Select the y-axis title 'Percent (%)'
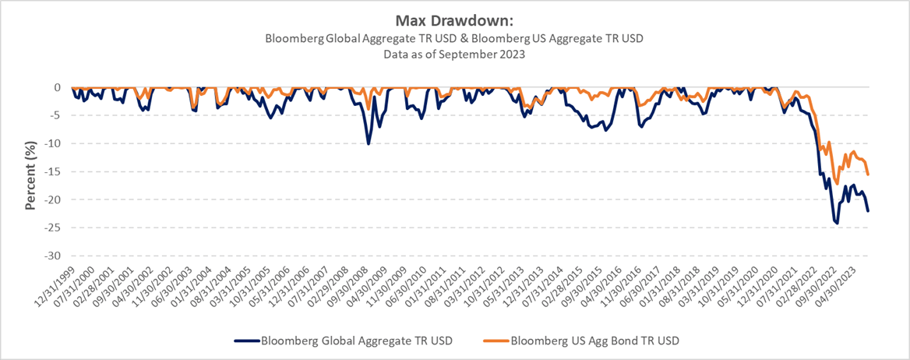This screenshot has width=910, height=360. coord(31,171)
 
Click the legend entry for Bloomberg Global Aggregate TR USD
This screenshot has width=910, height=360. coord(358,341)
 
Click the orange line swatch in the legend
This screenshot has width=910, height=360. coord(496,341)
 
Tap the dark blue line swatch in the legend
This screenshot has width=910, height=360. coord(246,341)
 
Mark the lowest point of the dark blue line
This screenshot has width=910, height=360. coord(838,224)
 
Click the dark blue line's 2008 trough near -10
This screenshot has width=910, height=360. coord(369,143)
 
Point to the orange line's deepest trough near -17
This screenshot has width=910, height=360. coord(837,184)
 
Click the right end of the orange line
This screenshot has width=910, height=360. coord(868,174)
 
